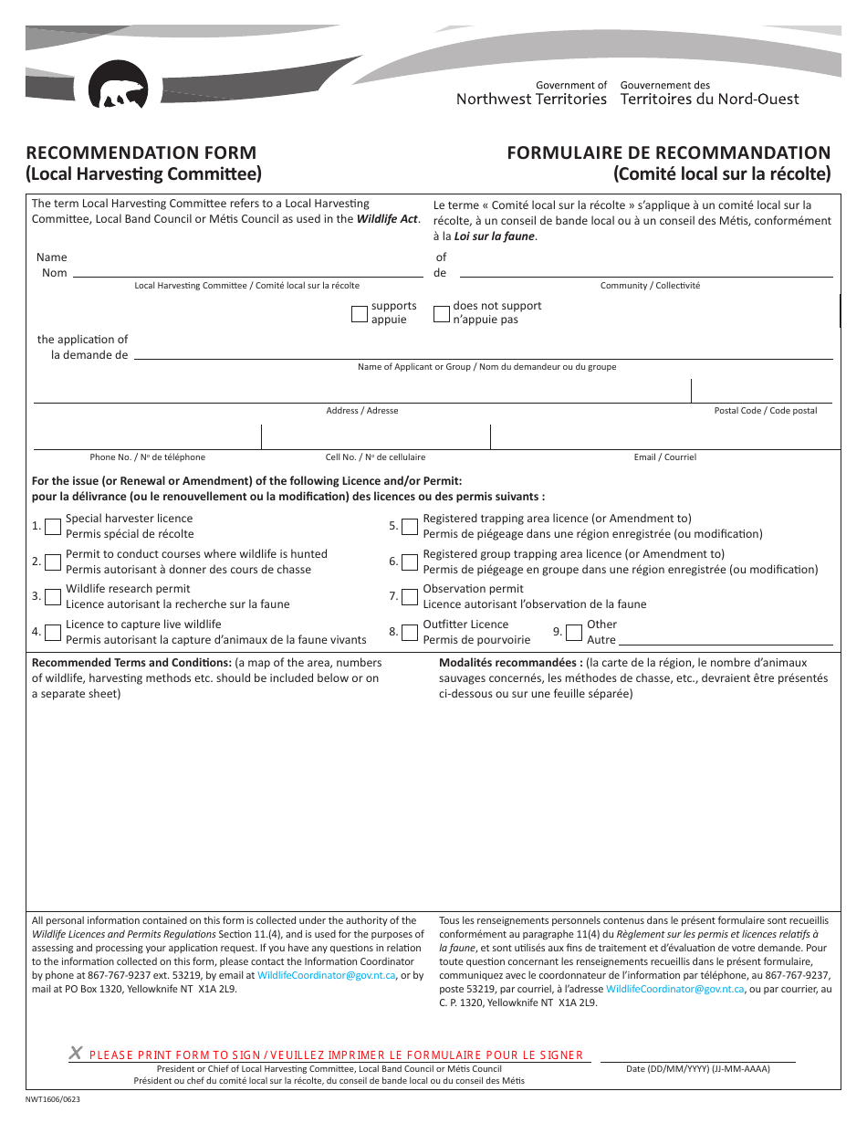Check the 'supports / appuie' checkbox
click(x=360, y=314)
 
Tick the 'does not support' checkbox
click(x=442, y=314)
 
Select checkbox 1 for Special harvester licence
click(x=53, y=526)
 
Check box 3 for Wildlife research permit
click(x=53, y=596)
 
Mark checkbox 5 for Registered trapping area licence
click(x=411, y=526)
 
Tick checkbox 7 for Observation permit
click(x=411, y=596)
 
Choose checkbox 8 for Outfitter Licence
click(x=411, y=632)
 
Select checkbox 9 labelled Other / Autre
click(x=574, y=632)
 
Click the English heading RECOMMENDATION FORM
click(x=141, y=152)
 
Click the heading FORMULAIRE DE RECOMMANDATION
click(x=669, y=152)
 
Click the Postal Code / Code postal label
click(x=765, y=411)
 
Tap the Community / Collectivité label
click(x=650, y=286)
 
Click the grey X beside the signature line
click(x=76, y=1053)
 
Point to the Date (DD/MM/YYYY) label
click(x=697, y=1068)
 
